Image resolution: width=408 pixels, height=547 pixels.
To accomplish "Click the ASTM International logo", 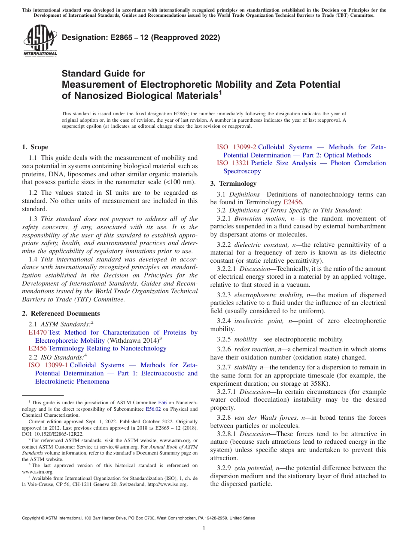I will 40,41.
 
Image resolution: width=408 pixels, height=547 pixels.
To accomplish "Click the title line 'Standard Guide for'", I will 103,74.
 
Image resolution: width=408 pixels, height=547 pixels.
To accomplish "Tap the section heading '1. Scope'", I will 35,147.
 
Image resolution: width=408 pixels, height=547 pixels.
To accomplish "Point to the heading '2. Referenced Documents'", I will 61,313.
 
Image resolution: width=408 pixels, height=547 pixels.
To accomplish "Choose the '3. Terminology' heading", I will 233,184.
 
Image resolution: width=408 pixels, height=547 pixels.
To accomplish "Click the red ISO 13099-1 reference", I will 48,365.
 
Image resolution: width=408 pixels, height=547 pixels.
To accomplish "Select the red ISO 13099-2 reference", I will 236,147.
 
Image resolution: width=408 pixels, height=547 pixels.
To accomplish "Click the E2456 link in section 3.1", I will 293,202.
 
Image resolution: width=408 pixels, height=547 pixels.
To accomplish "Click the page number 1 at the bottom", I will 204,529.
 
